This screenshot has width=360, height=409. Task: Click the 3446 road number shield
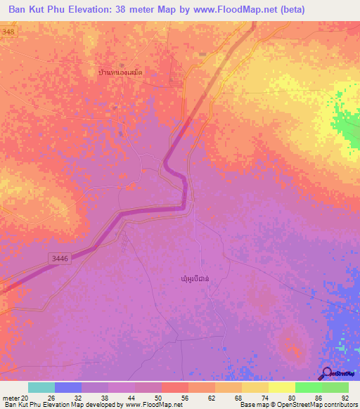click(x=60, y=259)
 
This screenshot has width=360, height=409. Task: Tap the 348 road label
click(x=8, y=32)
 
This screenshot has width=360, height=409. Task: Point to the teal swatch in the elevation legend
click(x=41, y=387)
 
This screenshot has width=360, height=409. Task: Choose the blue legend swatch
click(x=68, y=387)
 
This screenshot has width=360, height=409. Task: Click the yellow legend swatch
click(x=282, y=387)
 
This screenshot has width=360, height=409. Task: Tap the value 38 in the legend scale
click(x=95, y=397)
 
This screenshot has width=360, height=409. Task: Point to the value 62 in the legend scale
click(x=202, y=397)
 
